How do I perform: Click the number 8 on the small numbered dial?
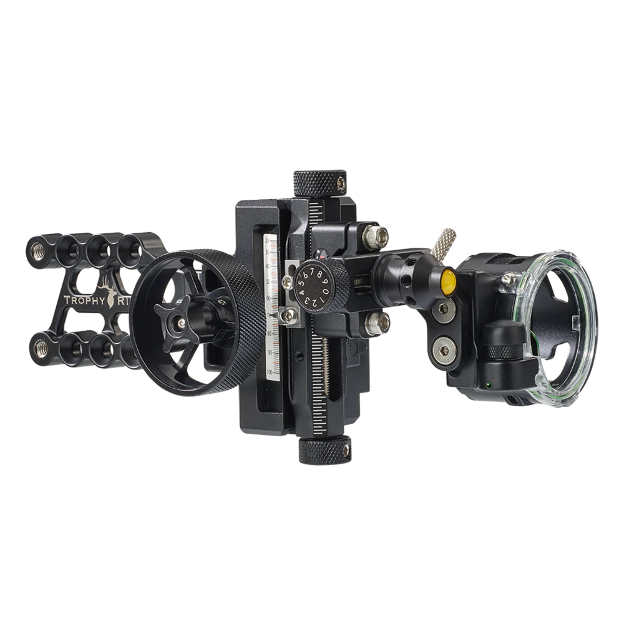(319, 274)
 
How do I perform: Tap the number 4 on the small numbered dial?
(301, 292)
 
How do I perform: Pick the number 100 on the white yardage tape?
(270, 373)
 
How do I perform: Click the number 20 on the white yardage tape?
(268, 240)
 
